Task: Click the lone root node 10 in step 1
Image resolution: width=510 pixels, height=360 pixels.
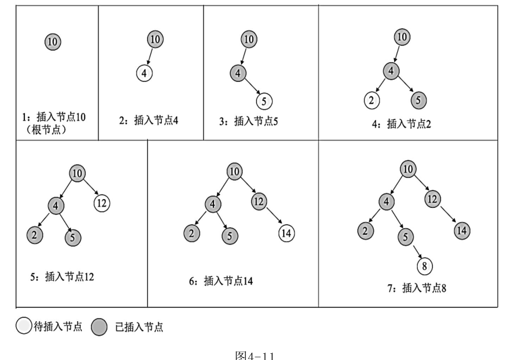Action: (53, 42)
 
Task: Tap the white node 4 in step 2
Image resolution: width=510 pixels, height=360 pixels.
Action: (144, 73)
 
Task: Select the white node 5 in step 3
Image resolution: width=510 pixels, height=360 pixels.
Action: (263, 100)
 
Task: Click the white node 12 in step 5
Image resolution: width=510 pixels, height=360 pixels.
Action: (101, 203)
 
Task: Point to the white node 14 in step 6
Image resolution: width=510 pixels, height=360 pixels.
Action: (286, 233)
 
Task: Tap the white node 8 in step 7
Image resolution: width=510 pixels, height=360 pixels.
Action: (424, 266)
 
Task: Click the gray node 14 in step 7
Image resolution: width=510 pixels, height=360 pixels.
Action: (462, 230)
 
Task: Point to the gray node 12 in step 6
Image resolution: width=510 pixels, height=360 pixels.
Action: (259, 201)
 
